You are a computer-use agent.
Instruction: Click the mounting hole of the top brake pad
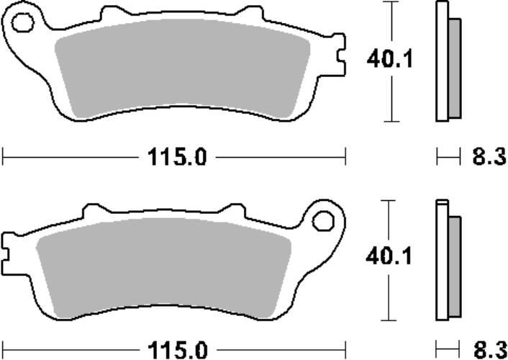coord(22,24)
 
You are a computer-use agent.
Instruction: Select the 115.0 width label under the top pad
coord(174,156)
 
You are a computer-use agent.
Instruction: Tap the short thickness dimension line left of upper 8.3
coord(448,156)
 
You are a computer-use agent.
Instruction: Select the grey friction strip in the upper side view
coord(455,68)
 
